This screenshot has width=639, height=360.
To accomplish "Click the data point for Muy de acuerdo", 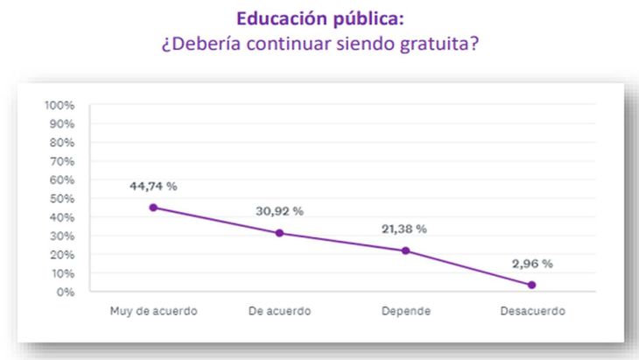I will tap(153, 208).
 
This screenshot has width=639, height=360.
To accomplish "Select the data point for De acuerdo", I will tap(279, 233).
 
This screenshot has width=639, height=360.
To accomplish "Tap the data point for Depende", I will tap(405, 251).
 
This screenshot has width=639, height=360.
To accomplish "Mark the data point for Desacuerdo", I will tap(531, 285).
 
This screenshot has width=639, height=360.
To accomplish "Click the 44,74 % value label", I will tap(153, 186).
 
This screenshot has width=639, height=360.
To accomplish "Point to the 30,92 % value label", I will tap(279, 211).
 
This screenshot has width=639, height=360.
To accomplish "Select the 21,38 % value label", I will tap(405, 229).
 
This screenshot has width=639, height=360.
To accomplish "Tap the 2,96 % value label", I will tap(531, 263).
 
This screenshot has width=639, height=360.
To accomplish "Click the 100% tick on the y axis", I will tap(60, 105).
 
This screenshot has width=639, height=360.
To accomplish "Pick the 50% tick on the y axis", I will tap(61, 199).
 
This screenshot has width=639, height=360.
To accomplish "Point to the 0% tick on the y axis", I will tap(65, 292).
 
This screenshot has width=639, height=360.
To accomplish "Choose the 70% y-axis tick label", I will tap(61, 161).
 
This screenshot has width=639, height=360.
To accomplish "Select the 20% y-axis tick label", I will tap(61, 255).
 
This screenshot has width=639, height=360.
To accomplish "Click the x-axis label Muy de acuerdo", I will tap(153, 311).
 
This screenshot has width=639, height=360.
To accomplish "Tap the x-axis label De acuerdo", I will tap(279, 311).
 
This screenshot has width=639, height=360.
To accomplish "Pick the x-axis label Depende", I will tap(405, 311).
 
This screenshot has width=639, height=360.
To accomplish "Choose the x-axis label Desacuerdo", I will tap(532, 311).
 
